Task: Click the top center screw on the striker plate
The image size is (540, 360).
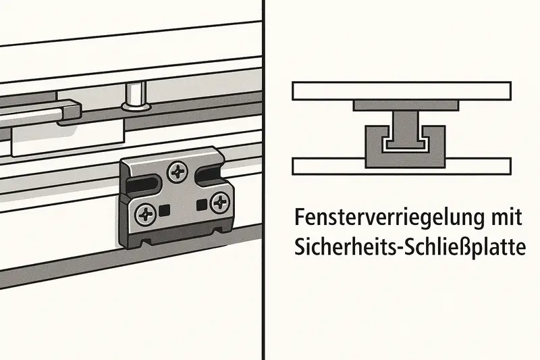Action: (178, 171)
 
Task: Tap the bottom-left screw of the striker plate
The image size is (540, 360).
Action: (146, 215)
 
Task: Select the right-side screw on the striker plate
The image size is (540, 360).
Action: (220, 203)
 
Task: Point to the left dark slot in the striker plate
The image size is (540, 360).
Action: (142, 184)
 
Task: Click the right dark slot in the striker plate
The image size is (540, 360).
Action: (207, 174)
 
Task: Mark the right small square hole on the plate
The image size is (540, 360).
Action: (200, 205)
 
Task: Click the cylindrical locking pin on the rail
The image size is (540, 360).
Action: (136, 97)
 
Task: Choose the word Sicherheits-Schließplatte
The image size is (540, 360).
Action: (410, 247)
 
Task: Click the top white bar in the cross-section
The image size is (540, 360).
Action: (402, 91)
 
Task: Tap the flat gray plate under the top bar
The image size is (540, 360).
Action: (406, 105)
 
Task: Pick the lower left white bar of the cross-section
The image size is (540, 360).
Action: (329, 166)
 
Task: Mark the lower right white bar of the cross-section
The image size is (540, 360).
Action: (479, 166)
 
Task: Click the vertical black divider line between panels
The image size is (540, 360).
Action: (263, 180)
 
